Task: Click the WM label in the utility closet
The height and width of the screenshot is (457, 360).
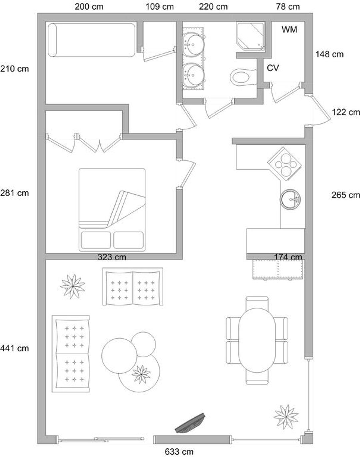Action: coord(289,30)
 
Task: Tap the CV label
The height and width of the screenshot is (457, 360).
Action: coord(273,68)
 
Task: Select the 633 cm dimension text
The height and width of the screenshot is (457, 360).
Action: coord(179,451)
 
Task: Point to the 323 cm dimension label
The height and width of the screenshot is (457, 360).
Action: coord(112,257)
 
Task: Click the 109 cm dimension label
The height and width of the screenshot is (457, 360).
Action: coord(160,7)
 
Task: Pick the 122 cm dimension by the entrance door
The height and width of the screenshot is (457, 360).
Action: coord(346,112)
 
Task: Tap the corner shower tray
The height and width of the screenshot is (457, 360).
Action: coord(251,36)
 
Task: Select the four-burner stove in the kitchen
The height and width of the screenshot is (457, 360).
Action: coord(285,164)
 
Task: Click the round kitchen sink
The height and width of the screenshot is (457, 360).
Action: coord(290,199)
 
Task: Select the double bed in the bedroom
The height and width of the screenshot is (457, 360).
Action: coord(112,210)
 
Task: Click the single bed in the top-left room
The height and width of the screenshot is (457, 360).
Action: coord(91,40)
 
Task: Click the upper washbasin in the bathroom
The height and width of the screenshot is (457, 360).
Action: coord(194,45)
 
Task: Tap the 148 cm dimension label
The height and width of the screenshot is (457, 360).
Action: coord(329,54)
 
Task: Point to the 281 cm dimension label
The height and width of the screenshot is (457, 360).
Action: coord(14,193)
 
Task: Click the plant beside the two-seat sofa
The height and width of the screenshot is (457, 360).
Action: coord(73,286)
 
